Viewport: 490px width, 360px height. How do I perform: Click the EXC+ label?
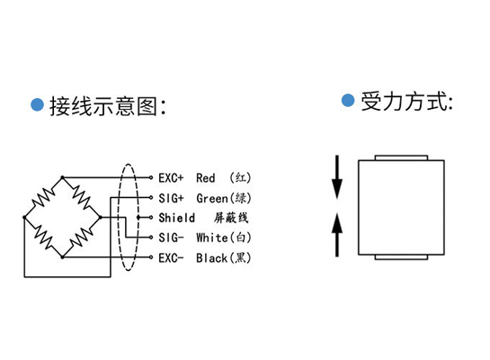171,178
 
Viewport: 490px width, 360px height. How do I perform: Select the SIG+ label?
171,198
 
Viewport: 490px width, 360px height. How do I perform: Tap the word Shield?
176,218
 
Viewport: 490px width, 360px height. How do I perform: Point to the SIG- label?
171,238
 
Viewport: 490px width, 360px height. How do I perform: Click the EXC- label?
171,258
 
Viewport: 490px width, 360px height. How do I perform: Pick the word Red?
206,178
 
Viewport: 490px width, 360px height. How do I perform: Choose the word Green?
212,198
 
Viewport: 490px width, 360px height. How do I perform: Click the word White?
212,238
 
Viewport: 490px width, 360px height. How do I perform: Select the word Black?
211,258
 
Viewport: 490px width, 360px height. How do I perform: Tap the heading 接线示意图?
103,106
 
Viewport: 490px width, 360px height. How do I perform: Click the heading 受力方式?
404,102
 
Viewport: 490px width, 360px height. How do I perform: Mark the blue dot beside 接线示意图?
37,104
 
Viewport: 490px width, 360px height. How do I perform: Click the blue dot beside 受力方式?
348,100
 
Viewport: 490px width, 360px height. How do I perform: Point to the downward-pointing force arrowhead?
337,189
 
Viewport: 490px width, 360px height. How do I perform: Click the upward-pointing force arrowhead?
337,223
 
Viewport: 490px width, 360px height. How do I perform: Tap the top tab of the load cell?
401,157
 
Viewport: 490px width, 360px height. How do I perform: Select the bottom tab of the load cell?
401,257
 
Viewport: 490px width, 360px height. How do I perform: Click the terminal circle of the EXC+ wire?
151,177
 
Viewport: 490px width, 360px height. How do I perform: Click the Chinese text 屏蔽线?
231,218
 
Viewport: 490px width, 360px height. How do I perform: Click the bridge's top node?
63,177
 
